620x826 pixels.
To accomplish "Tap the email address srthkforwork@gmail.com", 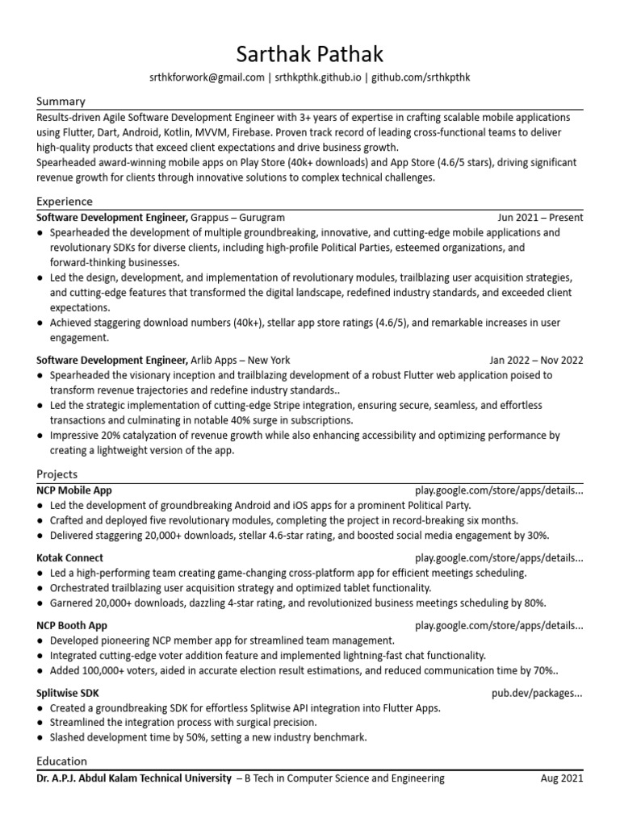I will point(207,77).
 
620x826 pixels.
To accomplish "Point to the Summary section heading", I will point(61,102).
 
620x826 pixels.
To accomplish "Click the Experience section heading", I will point(65,202).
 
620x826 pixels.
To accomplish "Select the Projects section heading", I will point(57,474).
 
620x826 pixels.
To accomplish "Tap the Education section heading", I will point(62,761).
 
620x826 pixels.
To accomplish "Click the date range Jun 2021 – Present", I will point(540,218).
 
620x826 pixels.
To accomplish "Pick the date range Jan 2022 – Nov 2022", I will point(536,361).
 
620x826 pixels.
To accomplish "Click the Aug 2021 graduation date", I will point(561,779).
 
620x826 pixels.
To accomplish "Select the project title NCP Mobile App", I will point(74,490).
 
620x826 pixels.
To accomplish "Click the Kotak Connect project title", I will point(70,558).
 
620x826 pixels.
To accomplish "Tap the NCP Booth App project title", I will point(72,626).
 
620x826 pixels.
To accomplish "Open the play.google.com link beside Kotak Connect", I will point(498,558).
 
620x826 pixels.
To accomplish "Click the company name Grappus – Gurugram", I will point(238,218).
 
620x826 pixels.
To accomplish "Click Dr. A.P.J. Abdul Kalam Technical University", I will point(134,779).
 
